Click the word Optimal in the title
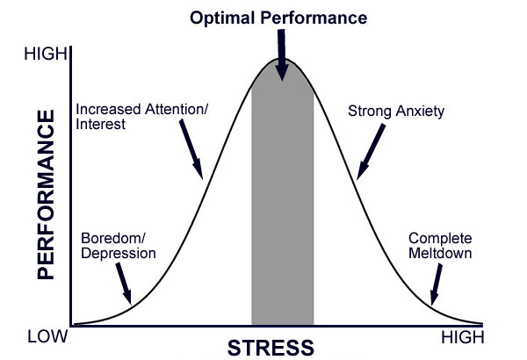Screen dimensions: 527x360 click(x=222, y=18)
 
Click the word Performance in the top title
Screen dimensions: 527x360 click(x=314, y=18)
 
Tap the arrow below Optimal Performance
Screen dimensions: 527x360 click(x=282, y=55)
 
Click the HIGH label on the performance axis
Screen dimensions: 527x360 click(x=46, y=54)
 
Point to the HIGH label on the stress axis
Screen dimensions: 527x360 click(x=463, y=337)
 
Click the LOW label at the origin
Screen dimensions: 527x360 click(x=47, y=336)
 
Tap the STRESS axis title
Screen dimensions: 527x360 click(x=271, y=348)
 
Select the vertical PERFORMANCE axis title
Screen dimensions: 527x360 click(x=46, y=195)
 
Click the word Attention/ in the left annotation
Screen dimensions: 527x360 click(x=177, y=109)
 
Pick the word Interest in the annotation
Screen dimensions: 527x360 click(x=100, y=124)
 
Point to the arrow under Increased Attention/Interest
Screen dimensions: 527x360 click(x=191, y=149)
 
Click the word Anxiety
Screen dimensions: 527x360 click(x=420, y=112)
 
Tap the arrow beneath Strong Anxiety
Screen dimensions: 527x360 click(x=371, y=152)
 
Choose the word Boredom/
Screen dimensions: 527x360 click(x=113, y=238)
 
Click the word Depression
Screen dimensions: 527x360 click(x=119, y=254)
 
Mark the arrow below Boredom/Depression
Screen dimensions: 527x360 click(x=123, y=284)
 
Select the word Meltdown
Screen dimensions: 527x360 click(x=440, y=253)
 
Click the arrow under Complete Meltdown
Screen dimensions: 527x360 click(x=437, y=284)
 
